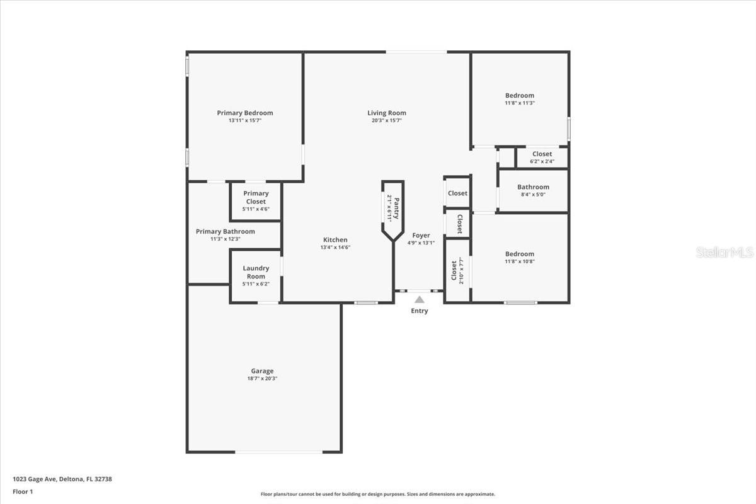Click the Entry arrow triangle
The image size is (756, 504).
419,299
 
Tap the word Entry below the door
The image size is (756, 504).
419,311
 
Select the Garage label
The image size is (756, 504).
262,371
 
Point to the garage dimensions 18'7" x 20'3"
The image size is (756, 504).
262,379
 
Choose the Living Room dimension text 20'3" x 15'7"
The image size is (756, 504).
387,120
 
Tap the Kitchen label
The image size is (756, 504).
335,239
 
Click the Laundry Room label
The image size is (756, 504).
256,272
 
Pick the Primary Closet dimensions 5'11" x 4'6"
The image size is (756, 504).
256,209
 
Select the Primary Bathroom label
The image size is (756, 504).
226,232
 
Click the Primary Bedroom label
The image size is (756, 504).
245,113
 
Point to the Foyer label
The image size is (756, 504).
421,235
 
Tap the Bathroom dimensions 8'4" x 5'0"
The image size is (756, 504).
533,195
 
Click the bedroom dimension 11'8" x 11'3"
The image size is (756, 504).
520,103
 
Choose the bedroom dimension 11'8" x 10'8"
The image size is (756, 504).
520,261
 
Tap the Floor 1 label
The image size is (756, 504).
23,492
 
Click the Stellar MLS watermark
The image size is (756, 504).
724,252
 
